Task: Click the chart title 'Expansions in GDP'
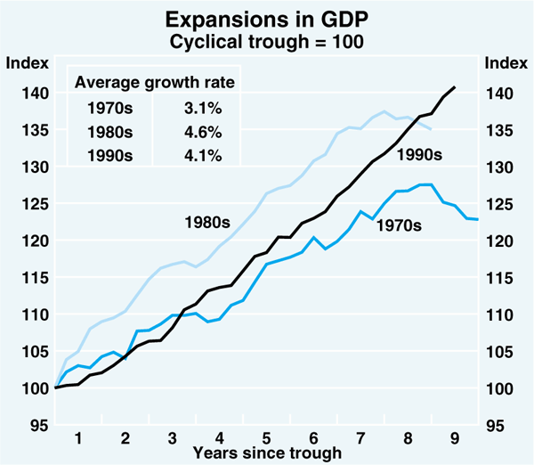click(268, 18)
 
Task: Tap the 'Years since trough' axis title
click(268, 453)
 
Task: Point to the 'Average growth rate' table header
click(154, 83)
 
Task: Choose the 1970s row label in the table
click(111, 109)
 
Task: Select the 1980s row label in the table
click(111, 131)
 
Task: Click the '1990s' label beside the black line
click(419, 155)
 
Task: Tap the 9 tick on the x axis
click(455, 437)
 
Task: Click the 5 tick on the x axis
click(267, 437)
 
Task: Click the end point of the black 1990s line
click(456, 86)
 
